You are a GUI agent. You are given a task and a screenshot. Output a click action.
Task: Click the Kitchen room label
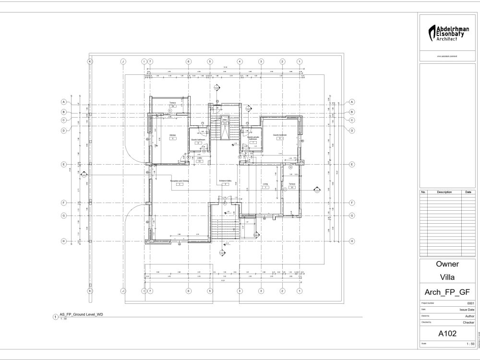173,135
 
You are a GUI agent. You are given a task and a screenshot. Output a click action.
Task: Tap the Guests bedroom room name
280,135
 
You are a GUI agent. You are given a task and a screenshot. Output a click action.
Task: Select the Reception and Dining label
179,181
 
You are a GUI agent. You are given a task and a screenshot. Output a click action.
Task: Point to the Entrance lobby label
226,181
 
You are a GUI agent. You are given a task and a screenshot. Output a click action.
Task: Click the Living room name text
265,184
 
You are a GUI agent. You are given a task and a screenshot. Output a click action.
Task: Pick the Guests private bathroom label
253,138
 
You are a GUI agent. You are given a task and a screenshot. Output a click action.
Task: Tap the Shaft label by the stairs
224,120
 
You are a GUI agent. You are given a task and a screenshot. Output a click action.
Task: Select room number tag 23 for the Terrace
292,187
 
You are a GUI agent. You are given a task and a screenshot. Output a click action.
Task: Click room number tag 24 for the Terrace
173,106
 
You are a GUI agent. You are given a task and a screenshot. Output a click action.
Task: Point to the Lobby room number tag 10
199,161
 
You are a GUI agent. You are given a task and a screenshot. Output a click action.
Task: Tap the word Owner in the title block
448,264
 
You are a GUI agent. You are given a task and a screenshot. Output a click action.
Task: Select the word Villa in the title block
448,277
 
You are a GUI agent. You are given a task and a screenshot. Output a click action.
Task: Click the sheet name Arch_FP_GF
448,292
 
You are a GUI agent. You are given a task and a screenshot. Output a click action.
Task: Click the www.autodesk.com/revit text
448,57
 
